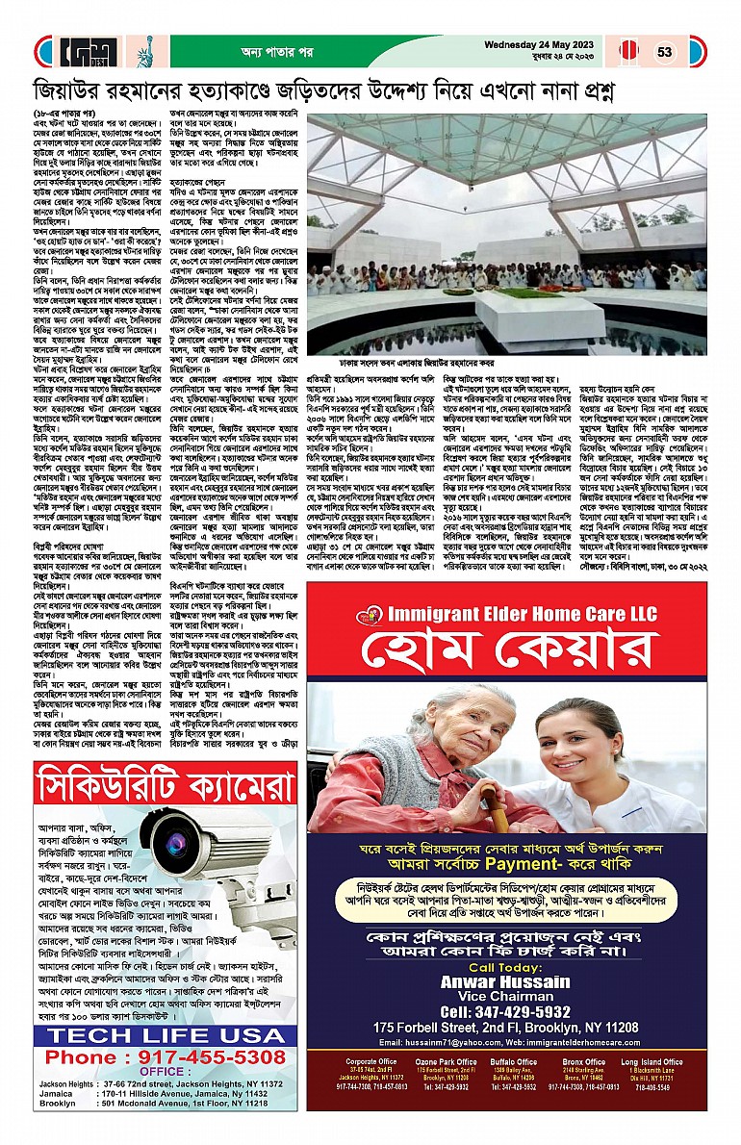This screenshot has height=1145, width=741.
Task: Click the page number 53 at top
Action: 666,51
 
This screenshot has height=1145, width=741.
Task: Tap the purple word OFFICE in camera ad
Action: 160,1071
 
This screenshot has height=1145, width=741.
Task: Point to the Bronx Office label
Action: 583,1061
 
